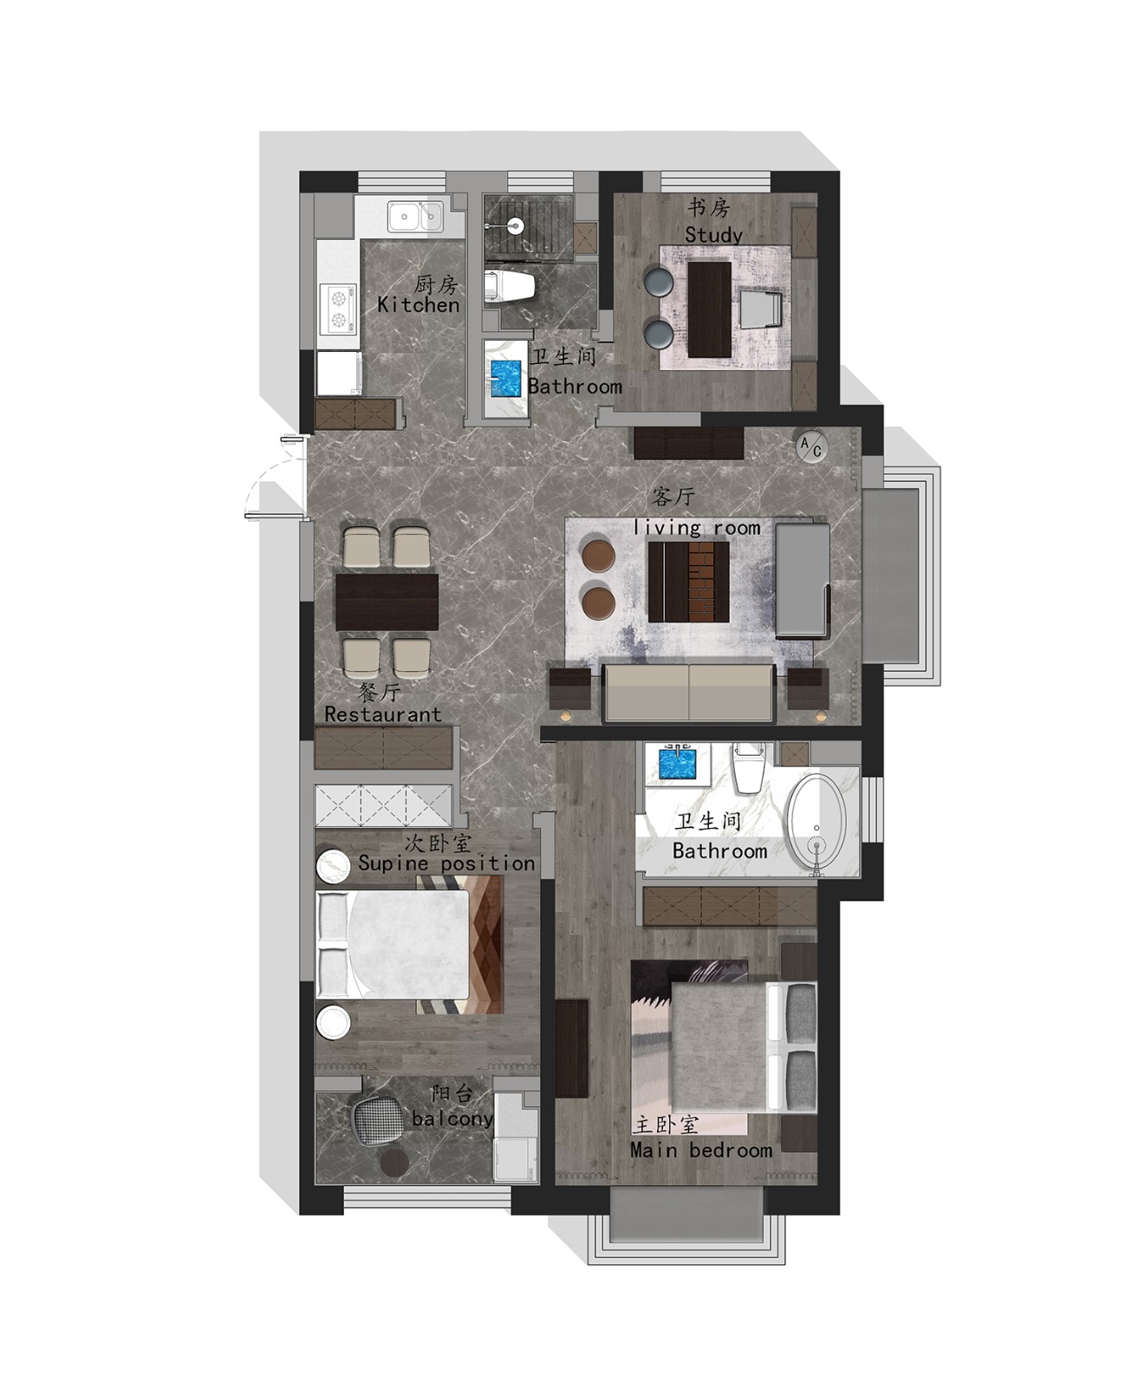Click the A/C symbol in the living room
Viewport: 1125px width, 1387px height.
[x=812, y=446]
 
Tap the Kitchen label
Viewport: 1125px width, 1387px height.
[x=419, y=305]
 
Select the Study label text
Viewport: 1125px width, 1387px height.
[x=713, y=234]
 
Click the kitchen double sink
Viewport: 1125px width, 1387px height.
[x=415, y=217]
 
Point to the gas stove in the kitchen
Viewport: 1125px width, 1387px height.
[x=339, y=309]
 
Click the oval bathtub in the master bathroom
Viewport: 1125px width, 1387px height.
[x=817, y=824]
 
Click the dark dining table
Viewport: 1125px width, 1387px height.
[x=387, y=602]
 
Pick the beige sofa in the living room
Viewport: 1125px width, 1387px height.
[x=689, y=693]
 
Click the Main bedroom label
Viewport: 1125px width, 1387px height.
[x=701, y=1150]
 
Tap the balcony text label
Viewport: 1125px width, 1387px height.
[x=452, y=1119]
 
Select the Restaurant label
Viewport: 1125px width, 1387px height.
[x=383, y=714]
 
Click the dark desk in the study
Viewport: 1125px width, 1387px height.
[x=709, y=309]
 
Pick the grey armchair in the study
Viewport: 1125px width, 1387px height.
[x=760, y=309]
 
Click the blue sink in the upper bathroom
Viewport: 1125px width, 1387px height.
[x=506, y=378]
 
